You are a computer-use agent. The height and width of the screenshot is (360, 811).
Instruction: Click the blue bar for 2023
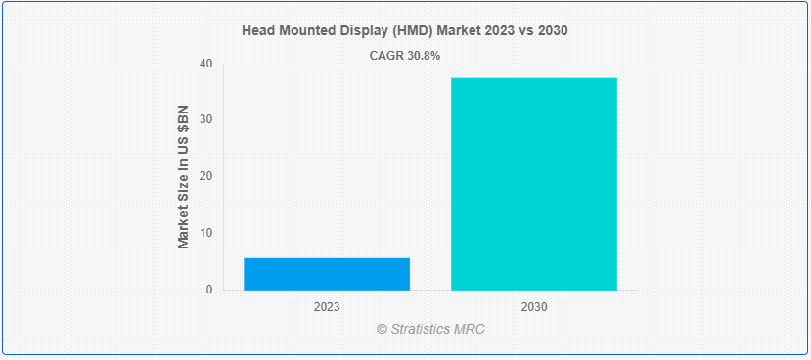click(x=327, y=274)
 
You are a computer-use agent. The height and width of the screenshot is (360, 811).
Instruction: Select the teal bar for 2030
click(x=534, y=184)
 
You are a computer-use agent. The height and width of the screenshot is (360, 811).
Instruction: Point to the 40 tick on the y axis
click(x=205, y=64)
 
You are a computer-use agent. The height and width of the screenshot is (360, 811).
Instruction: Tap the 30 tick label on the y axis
click(x=205, y=120)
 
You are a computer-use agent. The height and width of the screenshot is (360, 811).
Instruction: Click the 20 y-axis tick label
click(x=205, y=177)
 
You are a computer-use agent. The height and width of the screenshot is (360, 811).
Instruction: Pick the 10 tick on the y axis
click(x=205, y=233)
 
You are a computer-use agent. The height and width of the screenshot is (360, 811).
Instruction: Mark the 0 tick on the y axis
click(x=209, y=290)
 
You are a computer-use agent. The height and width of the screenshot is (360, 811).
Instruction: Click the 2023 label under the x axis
click(x=327, y=307)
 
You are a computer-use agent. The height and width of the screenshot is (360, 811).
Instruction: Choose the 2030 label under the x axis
click(x=534, y=307)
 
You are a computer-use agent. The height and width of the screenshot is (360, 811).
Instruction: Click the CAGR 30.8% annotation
click(x=404, y=56)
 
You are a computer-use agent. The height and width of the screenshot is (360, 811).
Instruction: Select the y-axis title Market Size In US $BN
click(x=183, y=177)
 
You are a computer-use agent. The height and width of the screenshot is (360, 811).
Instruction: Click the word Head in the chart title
click(x=257, y=31)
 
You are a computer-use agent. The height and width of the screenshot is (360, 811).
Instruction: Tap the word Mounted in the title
click(x=304, y=31)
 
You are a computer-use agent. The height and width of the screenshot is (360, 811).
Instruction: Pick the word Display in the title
click(x=359, y=31)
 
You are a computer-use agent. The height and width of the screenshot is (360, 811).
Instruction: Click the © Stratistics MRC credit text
click(x=430, y=330)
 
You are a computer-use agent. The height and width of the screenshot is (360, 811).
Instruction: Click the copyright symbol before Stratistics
click(x=383, y=330)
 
